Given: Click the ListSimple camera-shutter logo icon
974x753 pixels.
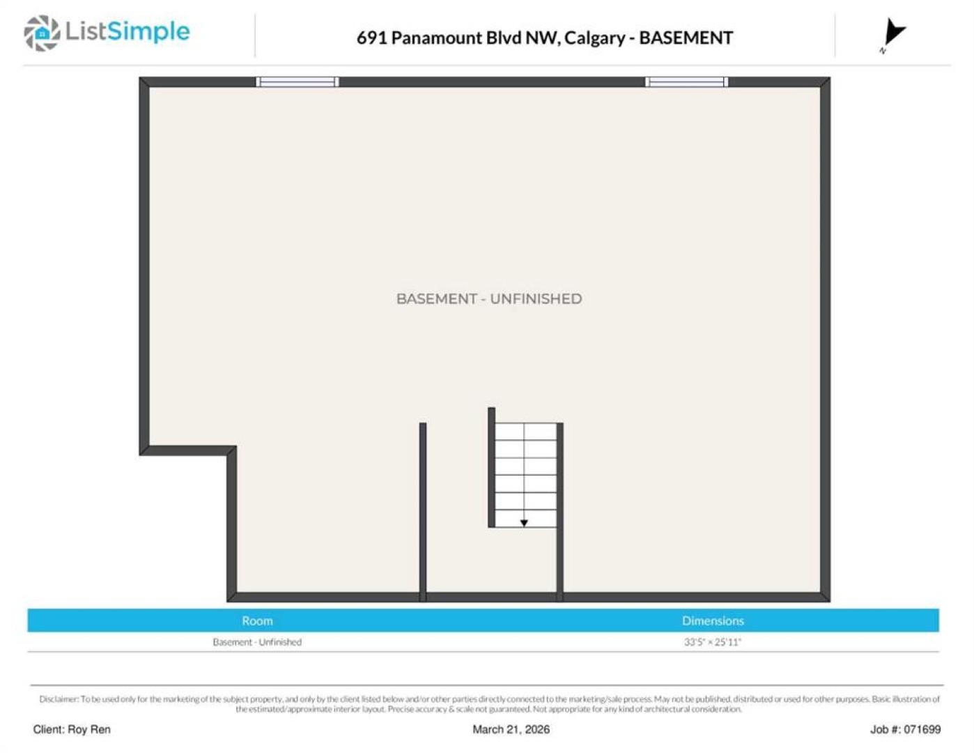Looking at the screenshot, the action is pyautogui.click(x=42, y=33).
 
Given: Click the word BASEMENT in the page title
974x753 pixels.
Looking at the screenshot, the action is pyautogui.click(x=686, y=38).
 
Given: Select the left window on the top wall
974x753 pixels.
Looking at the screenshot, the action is pyautogui.click(x=297, y=82).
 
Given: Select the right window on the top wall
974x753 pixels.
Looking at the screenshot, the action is pyautogui.click(x=687, y=82).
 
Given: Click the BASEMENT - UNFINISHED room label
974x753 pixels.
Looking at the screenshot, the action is pyautogui.click(x=489, y=298).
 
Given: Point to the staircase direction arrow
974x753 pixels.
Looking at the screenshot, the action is pyautogui.click(x=523, y=523).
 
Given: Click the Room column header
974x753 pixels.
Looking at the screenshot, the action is pyautogui.click(x=257, y=621).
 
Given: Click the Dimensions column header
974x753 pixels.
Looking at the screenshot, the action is pyautogui.click(x=713, y=621).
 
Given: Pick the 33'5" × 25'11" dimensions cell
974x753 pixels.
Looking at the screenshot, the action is pyautogui.click(x=713, y=641).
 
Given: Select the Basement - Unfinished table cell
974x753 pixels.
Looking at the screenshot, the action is pyautogui.click(x=257, y=641).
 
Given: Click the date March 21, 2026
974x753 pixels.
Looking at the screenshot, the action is pyautogui.click(x=511, y=730).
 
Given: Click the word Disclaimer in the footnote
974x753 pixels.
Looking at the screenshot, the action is pyautogui.click(x=59, y=699).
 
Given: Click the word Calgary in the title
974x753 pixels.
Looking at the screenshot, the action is pyautogui.click(x=594, y=38).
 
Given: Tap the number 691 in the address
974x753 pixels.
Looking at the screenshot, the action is pyautogui.click(x=371, y=38).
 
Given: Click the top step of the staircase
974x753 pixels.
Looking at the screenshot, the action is pyautogui.click(x=526, y=432).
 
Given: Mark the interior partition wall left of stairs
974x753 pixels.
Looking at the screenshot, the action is pyautogui.click(x=423, y=512).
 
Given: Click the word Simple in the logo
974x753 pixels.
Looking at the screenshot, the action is pyautogui.click(x=148, y=32).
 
